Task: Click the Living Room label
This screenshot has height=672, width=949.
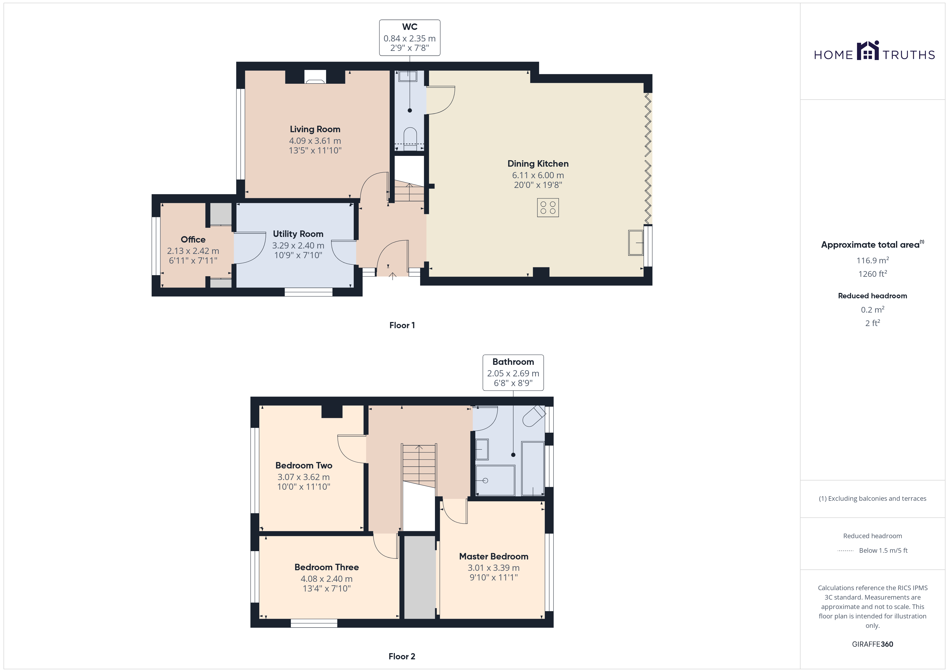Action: [x=315, y=129]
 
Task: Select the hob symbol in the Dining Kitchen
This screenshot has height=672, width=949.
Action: [x=548, y=208]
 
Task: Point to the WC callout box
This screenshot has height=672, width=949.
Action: [x=410, y=38]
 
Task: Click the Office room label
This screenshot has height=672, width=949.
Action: [x=193, y=240]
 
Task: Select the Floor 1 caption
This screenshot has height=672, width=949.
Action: [x=402, y=325]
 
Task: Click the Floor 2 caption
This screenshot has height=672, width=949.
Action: [x=402, y=656]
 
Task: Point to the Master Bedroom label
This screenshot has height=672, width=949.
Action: [x=494, y=556]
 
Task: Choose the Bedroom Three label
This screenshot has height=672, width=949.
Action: [x=327, y=567]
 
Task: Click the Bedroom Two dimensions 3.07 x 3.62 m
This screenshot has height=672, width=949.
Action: [x=303, y=477]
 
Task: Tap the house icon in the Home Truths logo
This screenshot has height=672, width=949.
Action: [x=868, y=51]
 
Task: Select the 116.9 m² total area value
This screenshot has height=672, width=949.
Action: [x=873, y=260]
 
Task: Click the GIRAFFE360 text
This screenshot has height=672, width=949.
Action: [x=873, y=644]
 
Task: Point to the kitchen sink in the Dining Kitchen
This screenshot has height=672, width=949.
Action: [x=636, y=243]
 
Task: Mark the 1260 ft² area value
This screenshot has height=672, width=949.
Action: [x=873, y=274]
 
